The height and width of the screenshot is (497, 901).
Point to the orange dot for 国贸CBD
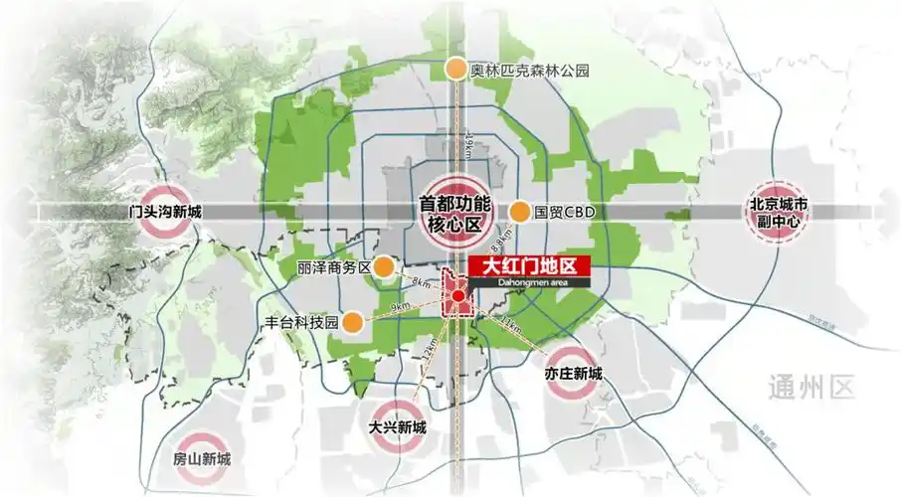(x=519, y=212)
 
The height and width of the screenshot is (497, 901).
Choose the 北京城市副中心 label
(x=781, y=212)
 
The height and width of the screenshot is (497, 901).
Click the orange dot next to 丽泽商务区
(x=383, y=267)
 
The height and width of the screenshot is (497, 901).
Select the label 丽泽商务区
(x=333, y=268)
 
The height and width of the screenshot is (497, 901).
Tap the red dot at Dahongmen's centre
(x=457, y=296)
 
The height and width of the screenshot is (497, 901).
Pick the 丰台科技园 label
(x=302, y=323)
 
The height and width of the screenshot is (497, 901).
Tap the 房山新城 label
(x=201, y=459)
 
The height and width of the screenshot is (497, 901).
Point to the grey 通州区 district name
(x=811, y=386)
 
